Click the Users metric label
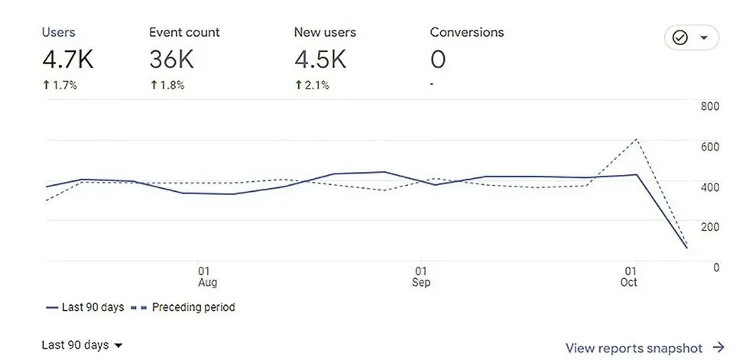click(x=59, y=32)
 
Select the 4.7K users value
click(x=67, y=60)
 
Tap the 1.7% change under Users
click(x=60, y=86)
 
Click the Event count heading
click(x=185, y=32)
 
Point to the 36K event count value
click(x=171, y=60)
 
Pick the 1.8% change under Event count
click(x=167, y=86)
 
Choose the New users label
click(x=325, y=32)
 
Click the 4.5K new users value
click(x=319, y=60)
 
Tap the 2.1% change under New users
click(x=312, y=86)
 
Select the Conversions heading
click(x=467, y=32)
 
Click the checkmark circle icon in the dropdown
click(x=680, y=37)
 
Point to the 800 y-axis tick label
click(x=710, y=106)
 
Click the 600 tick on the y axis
click(x=710, y=147)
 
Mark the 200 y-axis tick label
click(x=710, y=227)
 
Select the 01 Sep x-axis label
click(x=421, y=277)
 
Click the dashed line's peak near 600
click(x=637, y=139)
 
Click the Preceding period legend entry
click(x=183, y=307)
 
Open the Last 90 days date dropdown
click(x=82, y=345)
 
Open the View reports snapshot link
click(x=645, y=348)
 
